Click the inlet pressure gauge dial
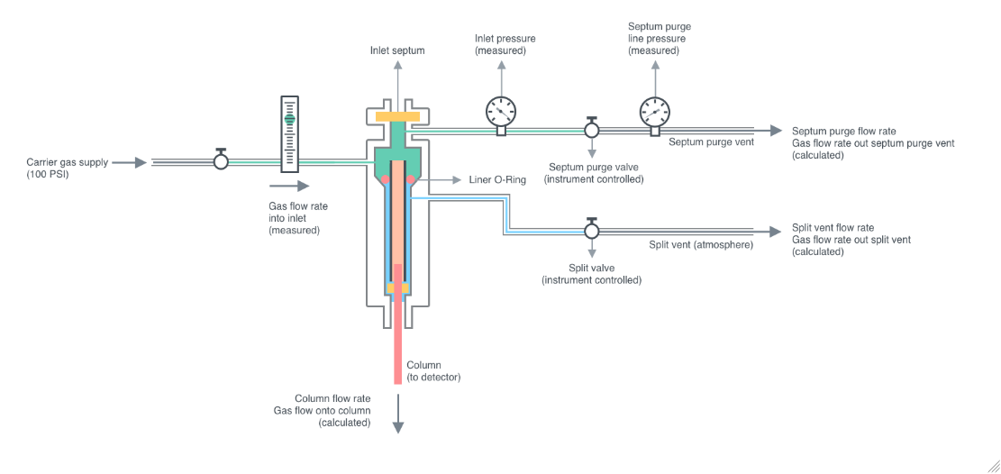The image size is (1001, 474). (x=500, y=111)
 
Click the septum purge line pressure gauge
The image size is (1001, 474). (x=656, y=111)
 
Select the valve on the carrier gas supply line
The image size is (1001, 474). (x=221, y=161)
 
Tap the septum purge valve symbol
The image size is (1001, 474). (x=592, y=132)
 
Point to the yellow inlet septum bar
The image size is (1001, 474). (x=396, y=117)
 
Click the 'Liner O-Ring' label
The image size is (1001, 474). (x=497, y=180)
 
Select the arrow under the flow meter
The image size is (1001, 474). (x=289, y=187)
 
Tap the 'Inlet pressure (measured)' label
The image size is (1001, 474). (x=505, y=45)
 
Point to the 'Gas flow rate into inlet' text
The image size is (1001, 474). (x=298, y=218)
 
